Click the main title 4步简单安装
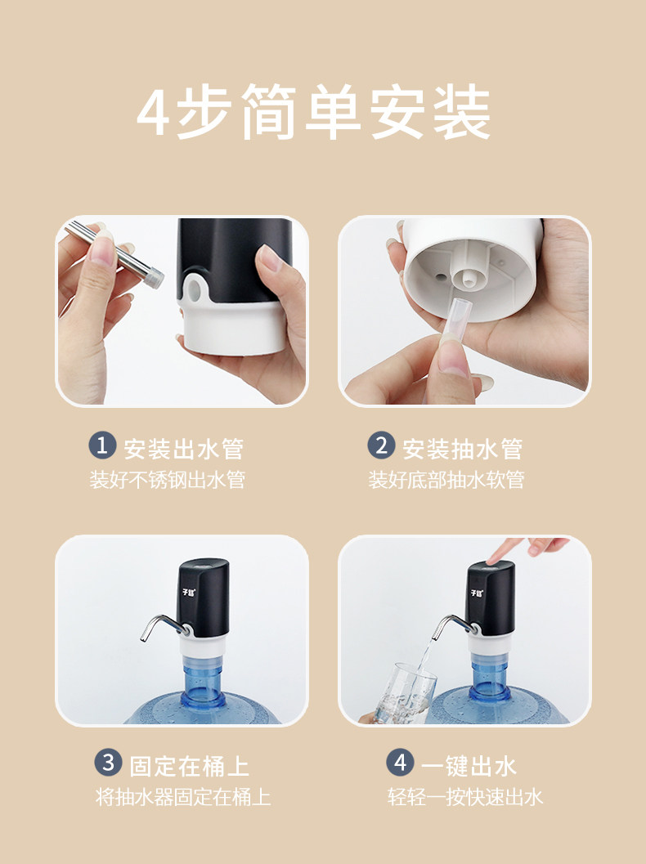pyautogui.click(x=314, y=112)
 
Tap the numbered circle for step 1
pyautogui.click(x=102, y=445)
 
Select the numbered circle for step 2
pyautogui.click(x=381, y=445)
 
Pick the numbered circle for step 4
pyautogui.click(x=400, y=763)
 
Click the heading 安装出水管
pyautogui.click(x=183, y=449)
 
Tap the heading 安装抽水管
pyautogui.click(x=463, y=449)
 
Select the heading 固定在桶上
pyautogui.click(x=189, y=766)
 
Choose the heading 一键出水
pyautogui.click(x=469, y=766)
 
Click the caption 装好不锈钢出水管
pyautogui.click(x=168, y=479)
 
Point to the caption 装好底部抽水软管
pyautogui.click(x=446, y=479)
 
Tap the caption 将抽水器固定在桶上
pyautogui.click(x=183, y=797)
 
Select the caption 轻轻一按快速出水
pyautogui.click(x=465, y=797)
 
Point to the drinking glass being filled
pyautogui.click(x=405, y=692)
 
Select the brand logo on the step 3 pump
pyautogui.click(x=189, y=593)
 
